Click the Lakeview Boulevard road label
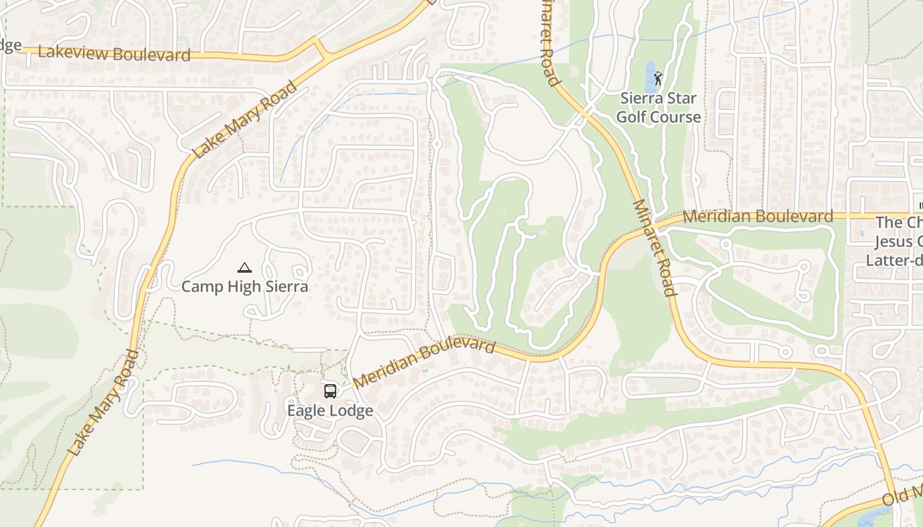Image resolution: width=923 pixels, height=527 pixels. [114, 53]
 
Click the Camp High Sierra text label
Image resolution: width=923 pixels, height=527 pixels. [245, 287]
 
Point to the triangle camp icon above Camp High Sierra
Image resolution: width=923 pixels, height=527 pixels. [245, 267]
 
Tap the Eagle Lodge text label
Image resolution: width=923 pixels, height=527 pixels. [330, 410]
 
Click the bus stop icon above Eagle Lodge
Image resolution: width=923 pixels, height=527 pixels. [330, 391]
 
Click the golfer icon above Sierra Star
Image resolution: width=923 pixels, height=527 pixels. [658, 78]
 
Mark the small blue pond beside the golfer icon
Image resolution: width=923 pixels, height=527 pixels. [650, 78]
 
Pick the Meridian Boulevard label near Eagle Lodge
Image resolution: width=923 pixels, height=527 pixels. [424, 363]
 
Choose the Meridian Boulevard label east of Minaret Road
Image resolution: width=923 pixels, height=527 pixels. [758, 216]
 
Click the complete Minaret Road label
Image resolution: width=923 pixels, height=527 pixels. [654, 248]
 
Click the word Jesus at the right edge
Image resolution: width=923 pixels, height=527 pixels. [899, 242]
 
